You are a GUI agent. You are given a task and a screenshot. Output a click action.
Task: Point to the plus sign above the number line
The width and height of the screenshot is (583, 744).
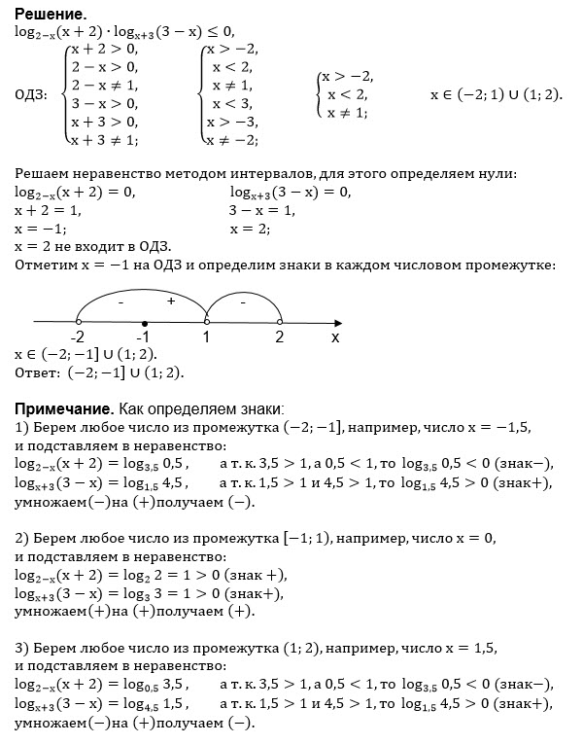pyautogui.click(x=171, y=302)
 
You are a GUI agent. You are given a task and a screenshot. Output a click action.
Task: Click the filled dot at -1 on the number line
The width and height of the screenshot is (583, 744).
pyautogui.click(x=143, y=322)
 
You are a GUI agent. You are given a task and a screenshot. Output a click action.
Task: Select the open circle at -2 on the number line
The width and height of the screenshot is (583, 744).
pyautogui.click(x=78, y=322)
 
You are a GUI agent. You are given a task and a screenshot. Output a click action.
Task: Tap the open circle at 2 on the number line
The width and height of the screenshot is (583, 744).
pyautogui.click(x=279, y=322)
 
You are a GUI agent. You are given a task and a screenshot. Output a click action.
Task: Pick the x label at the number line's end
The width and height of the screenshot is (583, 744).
pyautogui.click(x=335, y=338)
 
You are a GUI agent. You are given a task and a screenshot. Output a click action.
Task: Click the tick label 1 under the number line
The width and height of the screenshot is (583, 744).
pyautogui.click(x=207, y=338)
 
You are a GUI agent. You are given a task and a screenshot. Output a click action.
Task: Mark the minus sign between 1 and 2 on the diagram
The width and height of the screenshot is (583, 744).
pyautogui.click(x=243, y=303)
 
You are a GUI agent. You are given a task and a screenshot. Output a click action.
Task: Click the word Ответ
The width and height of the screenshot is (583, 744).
pyautogui.click(x=36, y=372)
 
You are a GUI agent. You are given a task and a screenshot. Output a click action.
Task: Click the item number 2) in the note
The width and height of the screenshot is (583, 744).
pyautogui.click(x=23, y=538)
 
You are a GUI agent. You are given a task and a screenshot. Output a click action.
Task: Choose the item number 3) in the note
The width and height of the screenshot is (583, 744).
pyautogui.click(x=23, y=647)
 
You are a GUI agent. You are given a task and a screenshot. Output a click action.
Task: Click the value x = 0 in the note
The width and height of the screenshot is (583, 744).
pyautogui.click(x=474, y=538)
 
